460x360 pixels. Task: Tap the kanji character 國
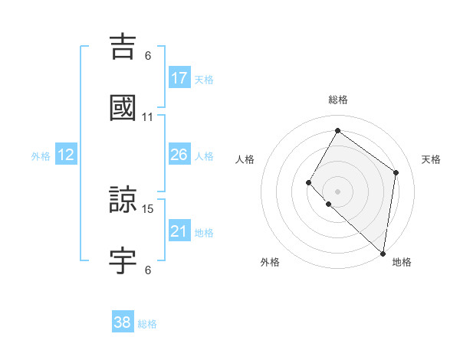point(123,108)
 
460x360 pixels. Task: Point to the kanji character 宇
point(123,260)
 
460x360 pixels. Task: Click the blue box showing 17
point(179,78)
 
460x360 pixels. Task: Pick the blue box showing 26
point(179,155)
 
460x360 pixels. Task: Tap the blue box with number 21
point(179,231)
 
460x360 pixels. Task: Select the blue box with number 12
point(66,155)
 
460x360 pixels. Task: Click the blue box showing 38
point(123,322)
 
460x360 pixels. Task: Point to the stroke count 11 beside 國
point(148,116)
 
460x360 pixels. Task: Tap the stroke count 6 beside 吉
point(148,55)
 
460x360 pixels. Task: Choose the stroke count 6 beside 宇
point(148,269)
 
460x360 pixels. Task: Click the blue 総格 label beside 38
point(147,324)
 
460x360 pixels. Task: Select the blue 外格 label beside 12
point(41,156)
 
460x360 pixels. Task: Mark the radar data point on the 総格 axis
point(337,130)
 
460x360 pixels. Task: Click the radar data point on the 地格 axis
point(383,253)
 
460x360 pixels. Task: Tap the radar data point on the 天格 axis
point(396,172)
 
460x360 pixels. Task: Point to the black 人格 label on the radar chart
point(245,159)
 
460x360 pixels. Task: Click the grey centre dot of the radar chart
point(337,191)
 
